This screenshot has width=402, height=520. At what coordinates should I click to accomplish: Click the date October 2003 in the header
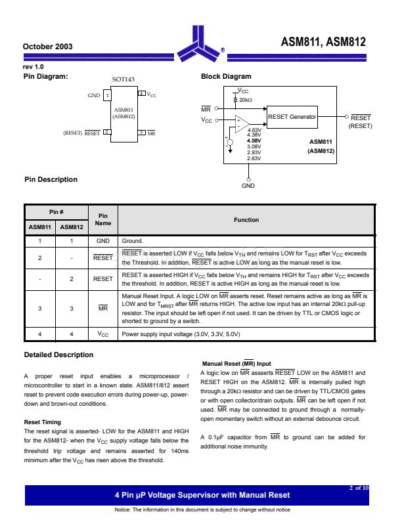click(x=47, y=47)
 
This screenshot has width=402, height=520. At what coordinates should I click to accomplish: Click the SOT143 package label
click(x=123, y=79)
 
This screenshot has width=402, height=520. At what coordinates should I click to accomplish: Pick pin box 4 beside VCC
click(x=141, y=95)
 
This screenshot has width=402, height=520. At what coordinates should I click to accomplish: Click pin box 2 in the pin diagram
click(x=106, y=132)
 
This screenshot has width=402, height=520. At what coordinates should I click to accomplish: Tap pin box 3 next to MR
click(x=141, y=132)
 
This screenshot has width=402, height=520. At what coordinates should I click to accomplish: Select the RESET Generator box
click(x=292, y=117)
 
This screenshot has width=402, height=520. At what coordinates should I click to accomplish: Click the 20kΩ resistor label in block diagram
click(x=245, y=100)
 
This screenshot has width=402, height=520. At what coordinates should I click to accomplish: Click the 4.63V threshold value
click(x=254, y=131)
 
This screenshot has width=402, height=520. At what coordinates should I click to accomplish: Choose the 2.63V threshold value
click(x=254, y=158)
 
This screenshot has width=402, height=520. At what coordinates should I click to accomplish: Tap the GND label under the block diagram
click(x=248, y=186)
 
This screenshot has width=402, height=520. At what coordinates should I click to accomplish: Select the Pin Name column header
click(x=102, y=219)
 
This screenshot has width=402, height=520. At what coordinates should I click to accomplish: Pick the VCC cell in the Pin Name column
click(x=102, y=334)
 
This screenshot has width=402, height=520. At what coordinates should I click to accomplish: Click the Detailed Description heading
click(x=58, y=355)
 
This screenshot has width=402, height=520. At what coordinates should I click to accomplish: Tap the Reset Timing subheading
click(x=43, y=422)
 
